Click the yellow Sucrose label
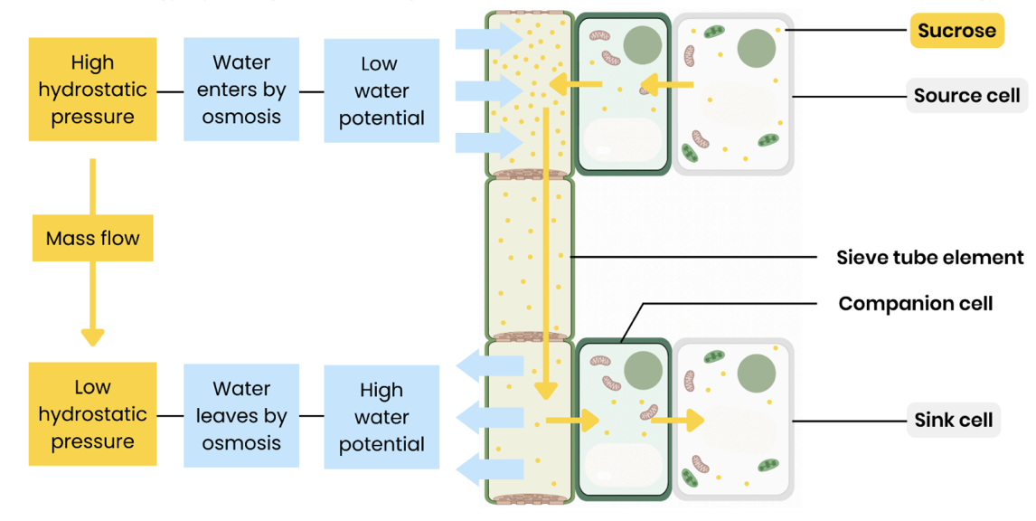point(956,31)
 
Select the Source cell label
point(966,96)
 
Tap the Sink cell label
point(953,421)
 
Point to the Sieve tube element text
point(930,258)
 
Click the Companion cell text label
point(915,304)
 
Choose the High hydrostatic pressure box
point(92,90)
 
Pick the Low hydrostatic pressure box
point(92,414)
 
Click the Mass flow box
point(92,239)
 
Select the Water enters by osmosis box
point(241,90)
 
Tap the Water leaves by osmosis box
point(241,416)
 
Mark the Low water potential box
point(381,90)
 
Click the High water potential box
point(381,417)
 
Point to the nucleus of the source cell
point(757,48)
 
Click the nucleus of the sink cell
point(757,374)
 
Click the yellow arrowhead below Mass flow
point(92,336)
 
